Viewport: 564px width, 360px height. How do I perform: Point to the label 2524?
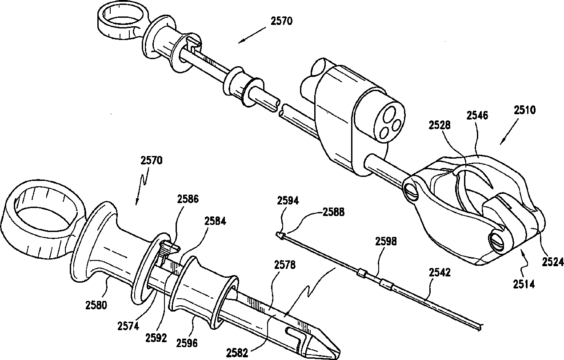coord(552,262)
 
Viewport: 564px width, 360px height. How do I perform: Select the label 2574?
coord(128,325)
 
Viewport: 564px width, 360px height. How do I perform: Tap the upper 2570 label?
coord(281,20)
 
